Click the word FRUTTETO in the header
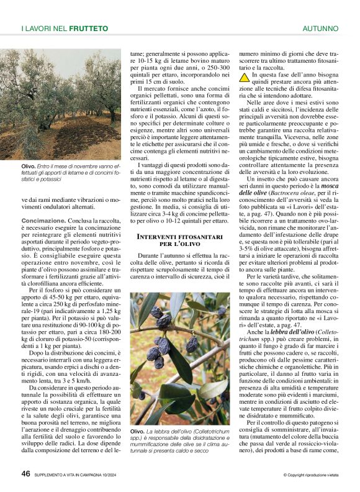pyautogui.click(x=89, y=29)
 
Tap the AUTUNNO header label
pyautogui.click(x=320, y=29)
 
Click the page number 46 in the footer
pyautogui.click(x=26, y=475)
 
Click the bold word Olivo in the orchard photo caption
pyautogui.click(x=28, y=166)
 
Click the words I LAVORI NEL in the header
pyautogui.click(x=44, y=29)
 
